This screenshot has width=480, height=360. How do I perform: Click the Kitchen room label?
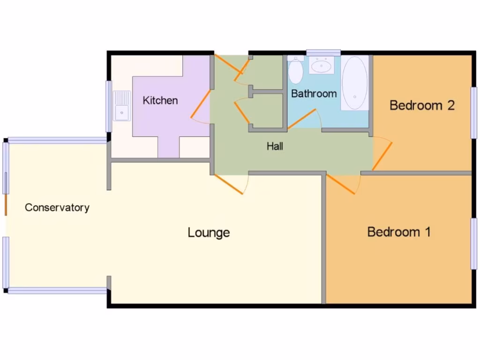click(x=160, y=100)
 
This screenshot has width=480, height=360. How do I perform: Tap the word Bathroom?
click(x=314, y=94)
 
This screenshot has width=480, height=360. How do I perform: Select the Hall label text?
click(x=275, y=146)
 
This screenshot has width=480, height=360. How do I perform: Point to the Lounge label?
click(x=209, y=232)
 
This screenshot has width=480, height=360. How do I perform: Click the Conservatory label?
click(x=57, y=208)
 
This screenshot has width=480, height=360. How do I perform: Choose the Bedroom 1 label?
click(x=399, y=232)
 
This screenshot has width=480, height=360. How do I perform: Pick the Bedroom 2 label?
click(x=422, y=105)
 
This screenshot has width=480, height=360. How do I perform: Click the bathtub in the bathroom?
click(x=354, y=83)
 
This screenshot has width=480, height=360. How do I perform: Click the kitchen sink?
click(x=122, y=106)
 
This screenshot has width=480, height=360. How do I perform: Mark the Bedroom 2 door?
click(x=382, y=156)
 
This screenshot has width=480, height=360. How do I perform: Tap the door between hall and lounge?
click(x=228, y=183)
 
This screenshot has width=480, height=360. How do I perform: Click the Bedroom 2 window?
click(x=474, y=112)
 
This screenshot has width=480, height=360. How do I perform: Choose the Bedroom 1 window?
click(x=474, y=243)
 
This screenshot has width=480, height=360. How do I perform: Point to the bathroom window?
click(x=323, y=52)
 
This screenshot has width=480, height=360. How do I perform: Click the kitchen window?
click(x=109, y=106)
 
